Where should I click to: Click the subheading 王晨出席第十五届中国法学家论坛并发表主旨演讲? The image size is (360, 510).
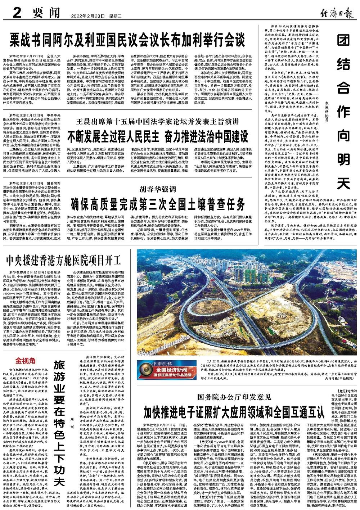[157, 122]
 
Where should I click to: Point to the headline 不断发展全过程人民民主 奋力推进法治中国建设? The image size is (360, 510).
[158, 136]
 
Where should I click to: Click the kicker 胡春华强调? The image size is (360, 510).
[158, 188]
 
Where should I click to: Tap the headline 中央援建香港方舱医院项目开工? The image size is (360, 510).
[62, 259]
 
